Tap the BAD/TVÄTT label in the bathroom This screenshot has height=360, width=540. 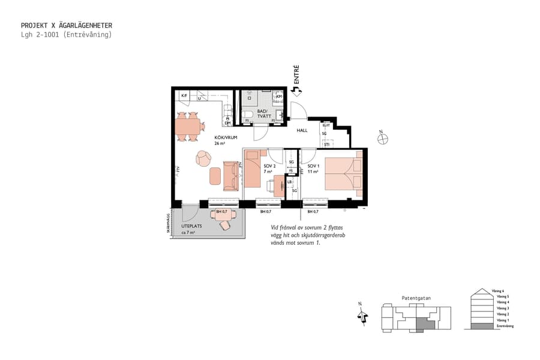[x=263, y=113]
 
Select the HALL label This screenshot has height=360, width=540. [x=302, y=130]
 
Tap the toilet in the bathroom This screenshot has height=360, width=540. [x=248, y=115]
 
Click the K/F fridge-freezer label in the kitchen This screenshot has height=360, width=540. [x=184, y=96]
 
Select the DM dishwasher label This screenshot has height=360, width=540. [x=227, y=122]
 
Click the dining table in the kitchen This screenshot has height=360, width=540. [x=188, y=126]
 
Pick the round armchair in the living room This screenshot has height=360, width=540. [x=203, y=159]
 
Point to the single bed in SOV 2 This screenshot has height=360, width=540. [x=251, y=169]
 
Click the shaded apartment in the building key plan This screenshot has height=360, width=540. [x=424, y=324]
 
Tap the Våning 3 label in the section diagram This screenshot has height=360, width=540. [x=500, y=308]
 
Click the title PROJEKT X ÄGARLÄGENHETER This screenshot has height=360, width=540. [x=66, y=26]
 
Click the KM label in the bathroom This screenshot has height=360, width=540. [x=278, y=96]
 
